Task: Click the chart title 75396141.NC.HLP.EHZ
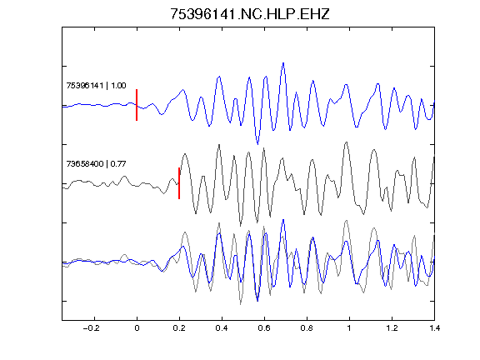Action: [249, 14]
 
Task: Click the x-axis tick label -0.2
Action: [92, 328]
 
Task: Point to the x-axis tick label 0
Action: [137, 328]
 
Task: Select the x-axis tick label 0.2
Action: [179, 328]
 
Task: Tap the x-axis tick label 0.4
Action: [222, 328]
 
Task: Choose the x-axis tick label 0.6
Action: [264, 328]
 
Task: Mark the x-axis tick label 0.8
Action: [307, 328]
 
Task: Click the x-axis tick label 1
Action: [349, 328]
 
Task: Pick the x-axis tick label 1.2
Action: [392, 328]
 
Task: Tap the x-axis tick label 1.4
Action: [434, 328]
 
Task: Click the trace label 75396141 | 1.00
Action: [96, 85]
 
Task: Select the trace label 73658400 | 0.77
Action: [96, 164]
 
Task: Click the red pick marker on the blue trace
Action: [137, 105]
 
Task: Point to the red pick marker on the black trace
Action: [179, 183]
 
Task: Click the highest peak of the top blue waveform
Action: [283, 63]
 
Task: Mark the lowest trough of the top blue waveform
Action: [257, 144]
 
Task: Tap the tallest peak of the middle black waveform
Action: [346, 142]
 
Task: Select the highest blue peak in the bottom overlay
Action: [283, 220]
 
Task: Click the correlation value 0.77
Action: [118, 164]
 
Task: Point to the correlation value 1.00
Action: [118, 85]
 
